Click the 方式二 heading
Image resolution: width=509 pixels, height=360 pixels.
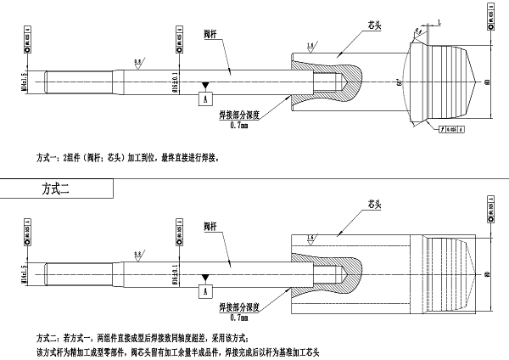59,190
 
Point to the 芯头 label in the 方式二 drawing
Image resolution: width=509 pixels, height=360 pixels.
372,204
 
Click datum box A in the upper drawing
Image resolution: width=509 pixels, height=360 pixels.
204,98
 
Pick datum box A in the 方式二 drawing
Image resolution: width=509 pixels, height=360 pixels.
204,290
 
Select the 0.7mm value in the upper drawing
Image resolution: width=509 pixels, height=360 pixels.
238,126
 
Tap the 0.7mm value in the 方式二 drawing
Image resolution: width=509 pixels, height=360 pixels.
238,318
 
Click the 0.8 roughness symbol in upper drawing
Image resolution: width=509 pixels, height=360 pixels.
137,62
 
